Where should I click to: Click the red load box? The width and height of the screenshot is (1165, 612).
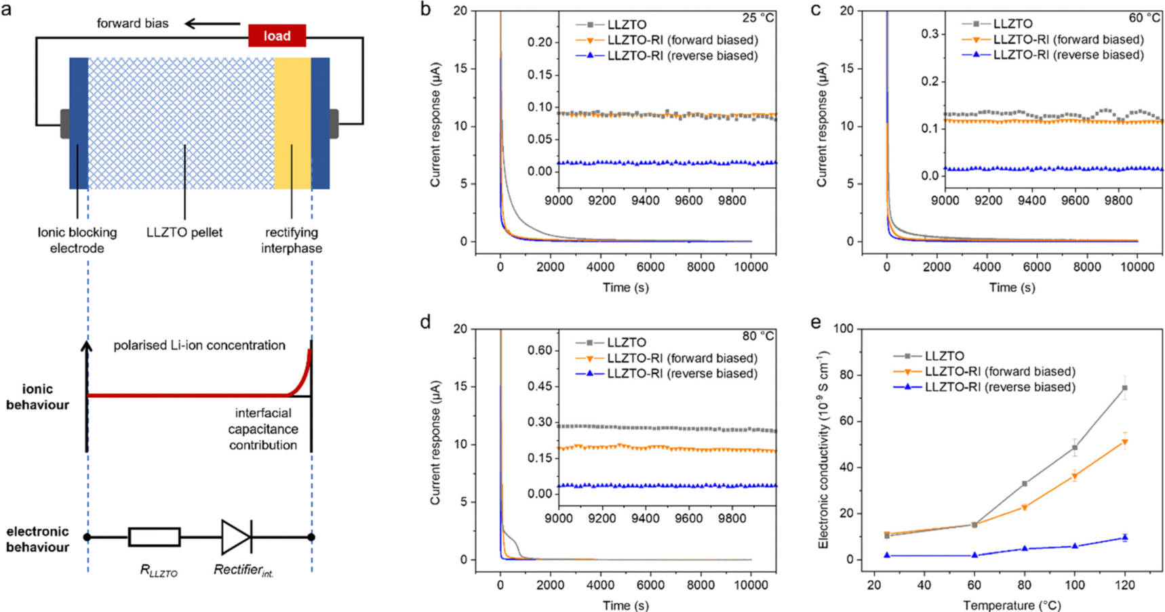coord(277,36)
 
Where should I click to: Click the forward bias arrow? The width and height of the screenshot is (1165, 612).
coord(212,24)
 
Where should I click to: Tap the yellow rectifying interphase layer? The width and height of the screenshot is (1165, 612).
coord(292,123)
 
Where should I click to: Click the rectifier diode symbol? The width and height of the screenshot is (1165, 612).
coord(237,537)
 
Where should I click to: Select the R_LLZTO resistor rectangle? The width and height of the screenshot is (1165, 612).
coord(154,537)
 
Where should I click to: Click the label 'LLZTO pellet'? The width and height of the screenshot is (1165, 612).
coord(184,232)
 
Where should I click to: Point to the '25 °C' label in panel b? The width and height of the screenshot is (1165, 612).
coord(757,18)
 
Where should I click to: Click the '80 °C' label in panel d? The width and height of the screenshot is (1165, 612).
coord(757,336)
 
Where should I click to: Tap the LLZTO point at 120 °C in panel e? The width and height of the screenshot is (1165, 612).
coord(1125,388)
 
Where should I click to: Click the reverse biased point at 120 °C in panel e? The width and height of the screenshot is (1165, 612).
coord(1125,537)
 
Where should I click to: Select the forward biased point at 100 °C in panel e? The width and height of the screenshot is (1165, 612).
coord(1075,476)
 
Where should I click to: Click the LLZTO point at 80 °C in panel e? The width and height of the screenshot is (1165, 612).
coord(1025,484)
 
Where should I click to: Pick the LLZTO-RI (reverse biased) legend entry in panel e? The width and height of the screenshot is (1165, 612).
coord(1000,387)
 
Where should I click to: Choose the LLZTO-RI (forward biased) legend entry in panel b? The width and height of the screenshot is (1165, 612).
coord(682,40)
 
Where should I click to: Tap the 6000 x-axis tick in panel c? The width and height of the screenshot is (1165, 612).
coord(1037,267)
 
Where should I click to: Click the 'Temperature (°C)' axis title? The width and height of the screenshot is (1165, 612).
coord(1012,605)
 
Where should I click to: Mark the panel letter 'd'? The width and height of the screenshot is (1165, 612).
coord(425,322)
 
